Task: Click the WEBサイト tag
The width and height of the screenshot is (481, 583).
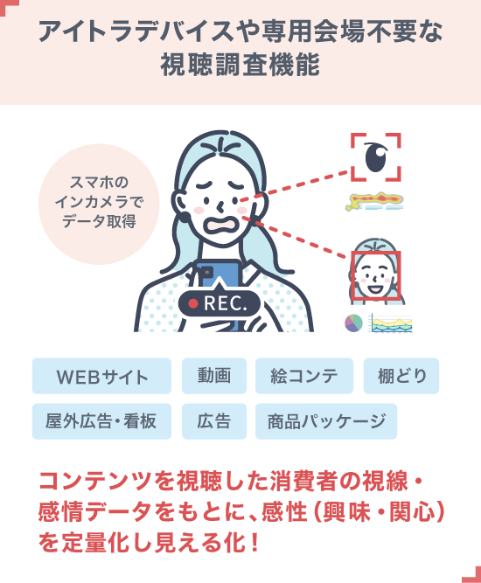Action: pyautogui.click(x=101, y=376)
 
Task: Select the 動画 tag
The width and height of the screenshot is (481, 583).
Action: pyautogui.click(x=214, y=376)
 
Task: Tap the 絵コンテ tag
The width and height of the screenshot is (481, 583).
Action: pyautogui.click(x=304, y=376)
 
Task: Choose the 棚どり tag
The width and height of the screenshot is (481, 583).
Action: pyautogui.click(x=401, y=376)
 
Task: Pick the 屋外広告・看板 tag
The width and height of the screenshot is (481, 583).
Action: pyautogui.click(x=101, y=421)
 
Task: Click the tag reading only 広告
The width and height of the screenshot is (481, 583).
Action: pyautogui.click(x=214, y=421)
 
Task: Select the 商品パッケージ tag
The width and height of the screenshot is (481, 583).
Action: pyautogui.click(x=326, y=421)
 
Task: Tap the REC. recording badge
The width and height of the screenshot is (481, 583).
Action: pyautogui.click(x=220, y=302)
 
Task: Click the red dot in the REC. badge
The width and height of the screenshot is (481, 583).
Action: pyautogui.click(x=193, y=304)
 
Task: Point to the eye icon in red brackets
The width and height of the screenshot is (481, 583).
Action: pyautogui.click(x=376, y=157)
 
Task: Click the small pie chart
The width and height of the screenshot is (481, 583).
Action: pyautogui.click(x=353, y=323)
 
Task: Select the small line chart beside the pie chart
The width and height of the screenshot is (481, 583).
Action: pyautogui.click(x=391, y=323)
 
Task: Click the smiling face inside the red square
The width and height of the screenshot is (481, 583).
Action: pyautogui.click(x=376, y=275)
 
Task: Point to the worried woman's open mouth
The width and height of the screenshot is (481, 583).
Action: pyautogui.click(x=220, y=225)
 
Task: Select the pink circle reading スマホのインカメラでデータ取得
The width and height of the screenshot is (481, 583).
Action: pyautogui.click(x=99, y=205)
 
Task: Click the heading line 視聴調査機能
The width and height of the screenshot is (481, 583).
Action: pyautogui.click(x=240, y=65)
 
